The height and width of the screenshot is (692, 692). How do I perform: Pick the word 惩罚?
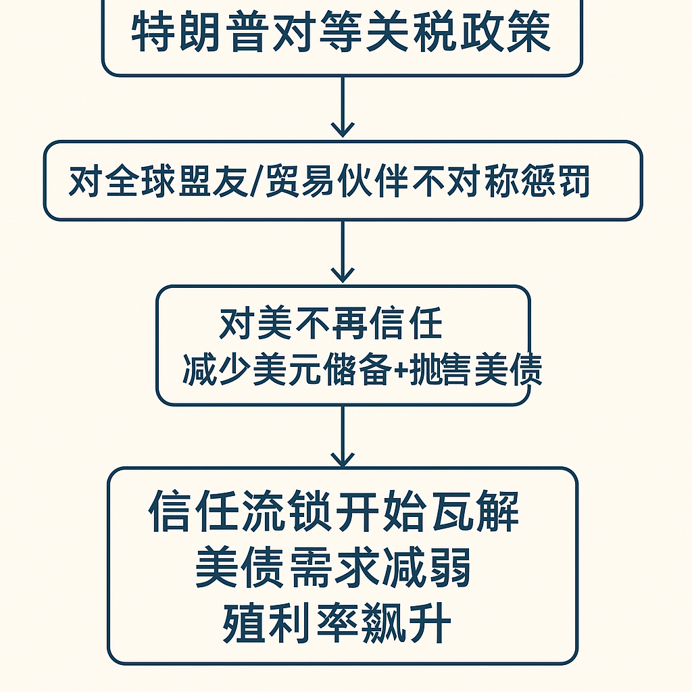click(556, 181)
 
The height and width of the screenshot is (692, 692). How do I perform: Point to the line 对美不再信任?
click(330, 324)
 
